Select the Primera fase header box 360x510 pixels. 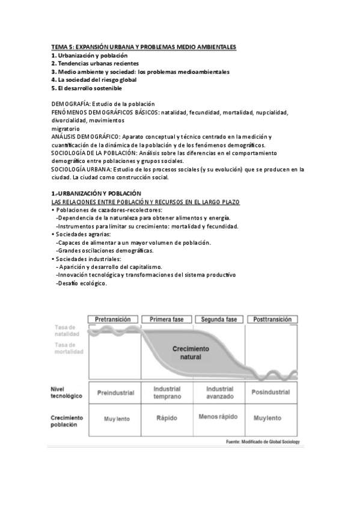tap(166, 319)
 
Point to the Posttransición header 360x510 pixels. tap(272, 319)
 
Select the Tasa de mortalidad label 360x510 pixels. tap(66, 348)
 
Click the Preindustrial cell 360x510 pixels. tap(115, 393)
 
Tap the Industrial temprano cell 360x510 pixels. tap(166, 393)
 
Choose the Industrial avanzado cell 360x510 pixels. tap(219, 393)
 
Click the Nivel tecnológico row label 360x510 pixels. tap(67, 393)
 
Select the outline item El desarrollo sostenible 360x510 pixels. tap(91, 88)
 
